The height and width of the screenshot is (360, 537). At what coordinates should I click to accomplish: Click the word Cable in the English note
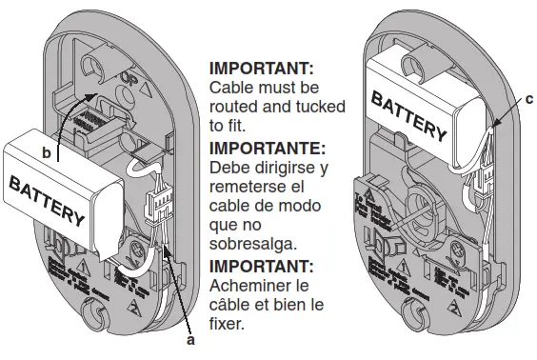(230, 88)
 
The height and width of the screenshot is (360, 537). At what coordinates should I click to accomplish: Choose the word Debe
(229, 168)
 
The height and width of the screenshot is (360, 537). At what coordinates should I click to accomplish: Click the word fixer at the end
(229, 323)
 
